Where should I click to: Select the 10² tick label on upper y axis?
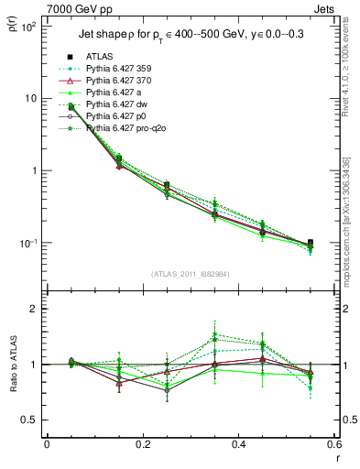pyautogui.click(x=27, y=26)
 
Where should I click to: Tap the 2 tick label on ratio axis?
pyautogui.click(x=32, y=309)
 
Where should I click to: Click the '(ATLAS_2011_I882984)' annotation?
pyautogui.click(x=190, y=274)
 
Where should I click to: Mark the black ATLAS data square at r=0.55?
pyautogui.click(x=310, y=244)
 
